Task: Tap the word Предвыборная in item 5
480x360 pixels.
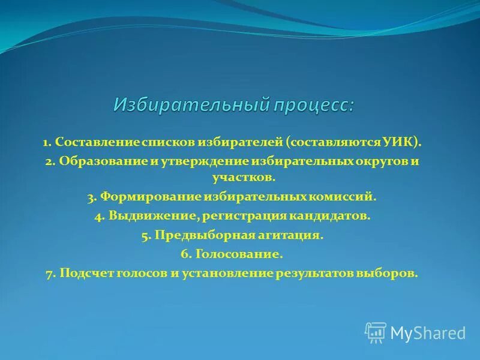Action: (195, 236)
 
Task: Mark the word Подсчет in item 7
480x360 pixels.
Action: (85, 273)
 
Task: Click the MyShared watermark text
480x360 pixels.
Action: (428, 332)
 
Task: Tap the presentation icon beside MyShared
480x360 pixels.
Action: (376, 332)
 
